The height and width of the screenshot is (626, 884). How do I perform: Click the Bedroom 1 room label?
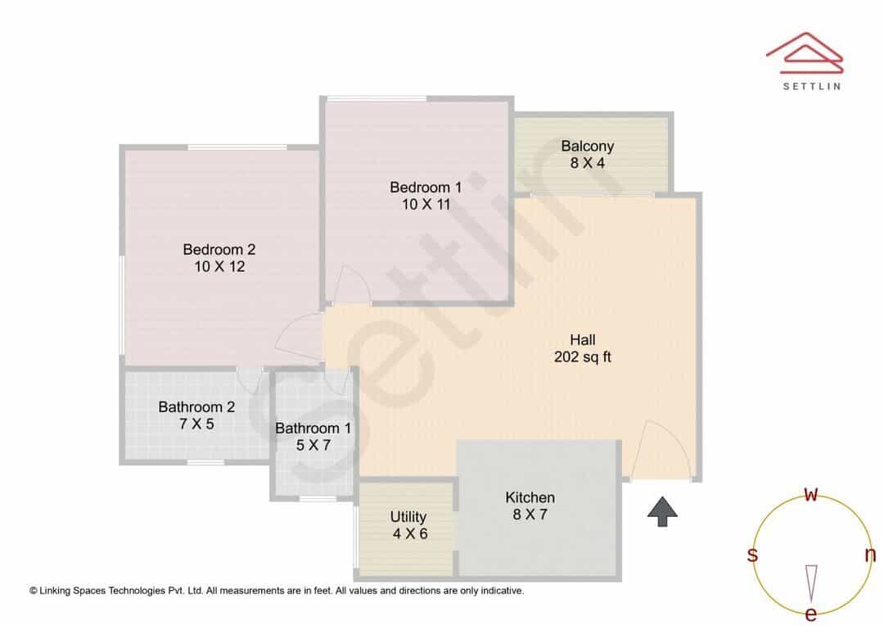pos(426,187)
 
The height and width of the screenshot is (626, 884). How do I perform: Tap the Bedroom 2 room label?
pos(219,249)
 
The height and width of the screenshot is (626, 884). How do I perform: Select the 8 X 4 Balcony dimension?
pos(588,163)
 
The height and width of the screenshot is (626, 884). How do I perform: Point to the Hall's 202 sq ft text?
pos(583,356)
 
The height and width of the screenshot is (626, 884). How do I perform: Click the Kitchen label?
pos(530,497)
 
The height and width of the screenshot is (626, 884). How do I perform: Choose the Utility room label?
pos(408,516)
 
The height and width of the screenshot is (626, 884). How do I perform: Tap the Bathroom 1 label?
pos(313,428)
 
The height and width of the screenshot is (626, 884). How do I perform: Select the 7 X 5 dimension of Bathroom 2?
pos(196,424)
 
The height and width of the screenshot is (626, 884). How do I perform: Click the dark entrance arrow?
pos(662,511)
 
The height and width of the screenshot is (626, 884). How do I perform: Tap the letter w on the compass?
pos(810,495)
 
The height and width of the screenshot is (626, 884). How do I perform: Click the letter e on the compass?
pos(810,614)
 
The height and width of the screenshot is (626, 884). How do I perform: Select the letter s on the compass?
pos(752,555)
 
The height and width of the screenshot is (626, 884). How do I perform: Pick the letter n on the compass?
pos(870,555)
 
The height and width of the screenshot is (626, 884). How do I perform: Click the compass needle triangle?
pos(811,583)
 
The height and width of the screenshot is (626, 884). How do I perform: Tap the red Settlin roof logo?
pos(805,53)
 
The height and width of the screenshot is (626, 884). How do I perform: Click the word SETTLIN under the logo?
pos(812,86)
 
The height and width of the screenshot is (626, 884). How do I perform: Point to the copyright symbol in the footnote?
pos(34,591)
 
